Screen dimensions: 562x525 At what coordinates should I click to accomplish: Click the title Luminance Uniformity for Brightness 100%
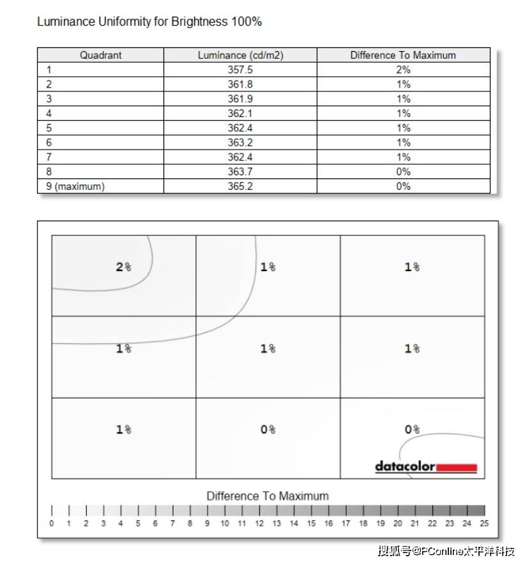tap(149, 22)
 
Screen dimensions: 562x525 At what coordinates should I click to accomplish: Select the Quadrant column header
tap(100, 55)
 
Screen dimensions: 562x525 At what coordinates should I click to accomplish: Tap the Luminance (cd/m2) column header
tap(240, 55)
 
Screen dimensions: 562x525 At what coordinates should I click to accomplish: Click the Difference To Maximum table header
tap(403, 55)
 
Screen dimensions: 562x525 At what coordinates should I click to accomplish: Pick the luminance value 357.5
tap(240, 70)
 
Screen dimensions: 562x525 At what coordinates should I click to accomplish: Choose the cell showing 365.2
tap(240, 187)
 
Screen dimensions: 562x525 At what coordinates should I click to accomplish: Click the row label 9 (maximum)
tap(76, 187)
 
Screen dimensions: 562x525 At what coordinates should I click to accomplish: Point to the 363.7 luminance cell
tap(240, 172)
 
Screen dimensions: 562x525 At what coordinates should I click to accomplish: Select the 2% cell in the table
tap(403, 70)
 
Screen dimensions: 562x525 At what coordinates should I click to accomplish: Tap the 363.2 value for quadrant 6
tap(240, 143)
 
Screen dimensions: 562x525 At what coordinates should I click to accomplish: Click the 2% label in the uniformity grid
tap(123, 267)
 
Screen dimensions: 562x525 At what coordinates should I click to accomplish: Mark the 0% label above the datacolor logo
tap(412, 430)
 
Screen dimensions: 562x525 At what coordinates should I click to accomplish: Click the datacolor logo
tap(426, 467)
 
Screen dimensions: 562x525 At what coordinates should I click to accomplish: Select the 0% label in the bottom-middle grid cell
tap(268, 430)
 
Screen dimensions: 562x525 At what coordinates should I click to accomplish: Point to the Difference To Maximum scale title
tap(268, 496)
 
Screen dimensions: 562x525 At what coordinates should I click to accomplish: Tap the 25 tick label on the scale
tap(483, 524)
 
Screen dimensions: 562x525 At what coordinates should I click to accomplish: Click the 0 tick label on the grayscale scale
tap(52, 524)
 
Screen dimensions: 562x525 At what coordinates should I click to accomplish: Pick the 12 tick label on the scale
tap(259, 524)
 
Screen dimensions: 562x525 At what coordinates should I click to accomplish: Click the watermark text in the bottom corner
tap(446, 550)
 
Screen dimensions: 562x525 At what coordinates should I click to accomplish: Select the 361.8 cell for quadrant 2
tap(240, 84)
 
